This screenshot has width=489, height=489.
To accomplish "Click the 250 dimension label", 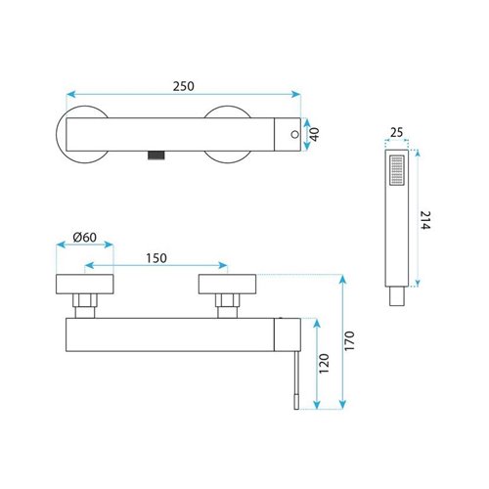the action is (x=184, y=86).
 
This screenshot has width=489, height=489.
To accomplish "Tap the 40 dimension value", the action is (x=315, y=134).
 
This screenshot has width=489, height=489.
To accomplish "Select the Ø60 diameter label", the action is (x=85, y=237).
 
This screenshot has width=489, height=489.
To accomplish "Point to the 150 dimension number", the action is (x=156, y=258).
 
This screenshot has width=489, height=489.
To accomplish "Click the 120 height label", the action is (x=324, y=364).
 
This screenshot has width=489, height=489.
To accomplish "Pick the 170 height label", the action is (x=349, y=340).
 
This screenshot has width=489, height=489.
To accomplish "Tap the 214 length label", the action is (x=425, y=220).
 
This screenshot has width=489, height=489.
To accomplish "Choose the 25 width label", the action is (x=396, y=133).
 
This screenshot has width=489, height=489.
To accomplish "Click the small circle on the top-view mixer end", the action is (x=294, y=134).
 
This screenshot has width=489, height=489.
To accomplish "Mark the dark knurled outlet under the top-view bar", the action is (x=156, y=156).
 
